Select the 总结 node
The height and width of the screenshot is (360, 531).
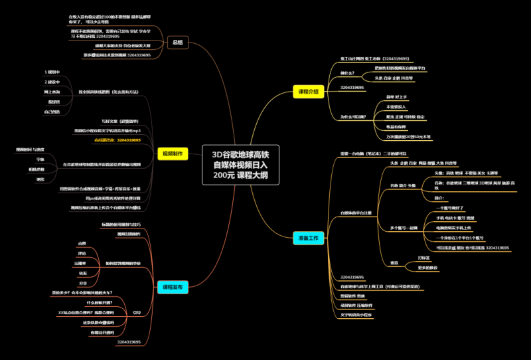178,42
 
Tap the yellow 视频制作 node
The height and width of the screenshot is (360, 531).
174,153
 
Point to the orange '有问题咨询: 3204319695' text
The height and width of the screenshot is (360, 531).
117,140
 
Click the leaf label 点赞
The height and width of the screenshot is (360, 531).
82,244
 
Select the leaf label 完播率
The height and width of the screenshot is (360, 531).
81,264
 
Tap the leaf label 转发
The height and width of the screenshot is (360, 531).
82,273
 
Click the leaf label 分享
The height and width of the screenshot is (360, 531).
83,283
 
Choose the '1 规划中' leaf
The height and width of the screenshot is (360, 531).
52,71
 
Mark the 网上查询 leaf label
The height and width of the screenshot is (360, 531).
52,92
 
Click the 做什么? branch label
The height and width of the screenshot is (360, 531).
347,73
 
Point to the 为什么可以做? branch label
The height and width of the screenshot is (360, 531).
352,117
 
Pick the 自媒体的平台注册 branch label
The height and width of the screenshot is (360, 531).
360,213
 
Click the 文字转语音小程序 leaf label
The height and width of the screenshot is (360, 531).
357,314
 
